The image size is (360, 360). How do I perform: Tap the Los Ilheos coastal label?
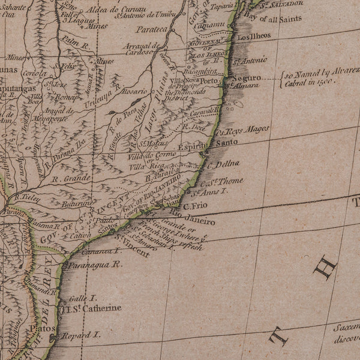(x=254, y=35)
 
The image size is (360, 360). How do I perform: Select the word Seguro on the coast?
(x=247, y=78)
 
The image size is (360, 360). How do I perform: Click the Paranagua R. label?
(x=94, y=263)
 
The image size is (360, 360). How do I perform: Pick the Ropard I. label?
(x=80, y=336)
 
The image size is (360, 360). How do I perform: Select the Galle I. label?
(x=83, y=298)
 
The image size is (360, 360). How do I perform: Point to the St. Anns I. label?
(x=209, y=192)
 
